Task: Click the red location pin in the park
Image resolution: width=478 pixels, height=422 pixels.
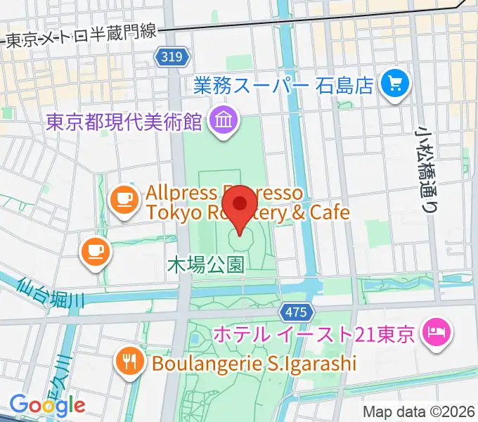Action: pyautogui.click(x=241, y=204)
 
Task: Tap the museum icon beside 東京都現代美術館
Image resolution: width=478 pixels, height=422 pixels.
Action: pyautogui.click(x=223, y=122)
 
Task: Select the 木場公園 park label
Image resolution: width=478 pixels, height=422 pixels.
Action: pyautogui.click(x=206, y=264)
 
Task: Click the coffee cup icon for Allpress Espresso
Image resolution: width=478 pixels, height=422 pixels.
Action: pyautogui.click(x=124, y=199)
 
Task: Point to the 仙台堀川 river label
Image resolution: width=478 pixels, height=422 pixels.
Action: pyautogui.click(x=51, y=293)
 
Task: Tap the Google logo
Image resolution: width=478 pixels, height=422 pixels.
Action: pyautogui.click(x=47, y=404)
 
